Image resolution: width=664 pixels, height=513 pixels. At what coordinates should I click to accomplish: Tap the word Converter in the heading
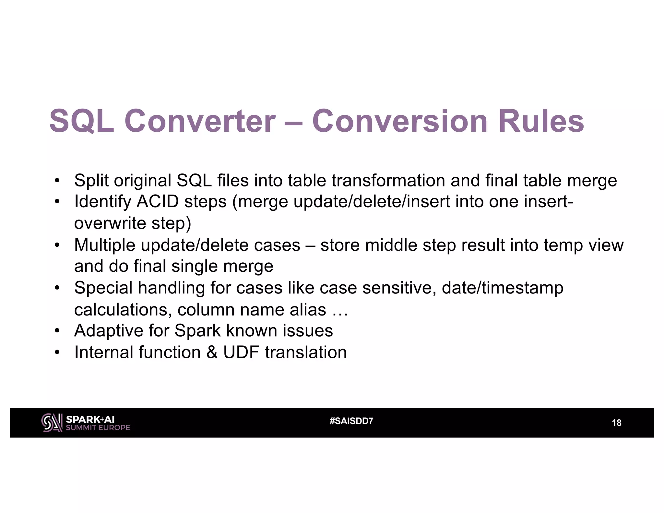tap(200, 121)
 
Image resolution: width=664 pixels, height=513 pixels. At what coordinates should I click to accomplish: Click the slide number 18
tap(616, 423)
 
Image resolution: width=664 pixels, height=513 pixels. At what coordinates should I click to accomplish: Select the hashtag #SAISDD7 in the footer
tap(351, 421)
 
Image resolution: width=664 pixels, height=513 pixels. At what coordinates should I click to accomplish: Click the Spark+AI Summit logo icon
tap(52, 423)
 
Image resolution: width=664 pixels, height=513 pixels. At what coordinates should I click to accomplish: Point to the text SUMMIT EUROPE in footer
tap(98, 428)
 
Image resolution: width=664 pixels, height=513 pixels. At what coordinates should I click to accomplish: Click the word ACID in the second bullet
tap(157, 202)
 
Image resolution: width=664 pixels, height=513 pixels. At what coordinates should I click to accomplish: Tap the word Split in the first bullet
tap(91, 180)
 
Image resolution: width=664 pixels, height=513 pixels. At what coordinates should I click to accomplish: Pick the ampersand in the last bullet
tap(212, 352)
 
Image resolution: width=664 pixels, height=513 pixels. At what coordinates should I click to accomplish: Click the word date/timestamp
tap(502, 288)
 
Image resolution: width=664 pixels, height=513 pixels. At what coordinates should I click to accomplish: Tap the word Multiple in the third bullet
tap(104, 245)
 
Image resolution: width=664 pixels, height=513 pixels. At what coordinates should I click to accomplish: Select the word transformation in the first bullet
tap(388, 180)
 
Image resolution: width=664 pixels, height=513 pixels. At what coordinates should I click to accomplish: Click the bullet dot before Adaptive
tap(57, 331)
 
